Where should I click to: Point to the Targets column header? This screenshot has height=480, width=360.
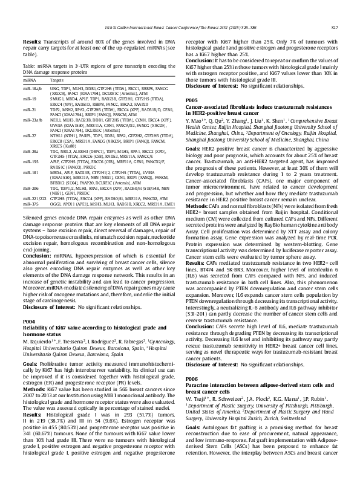(57, 79)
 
